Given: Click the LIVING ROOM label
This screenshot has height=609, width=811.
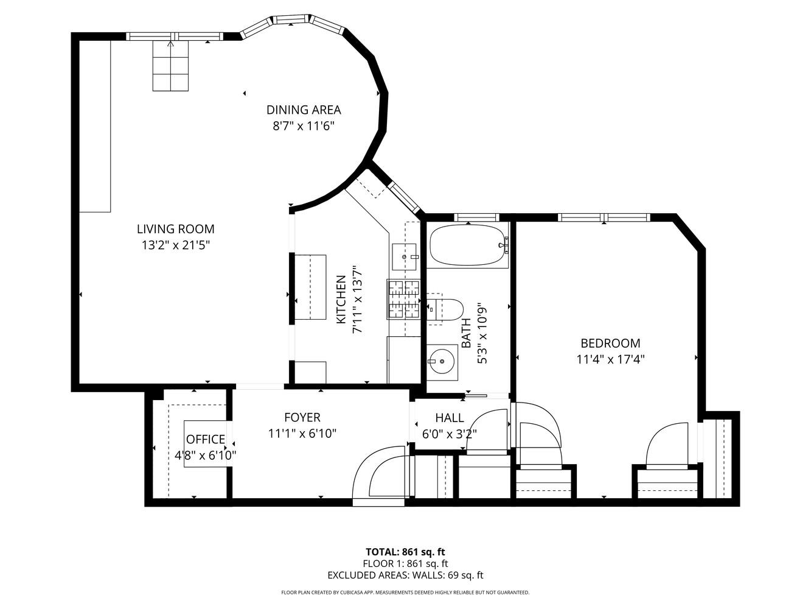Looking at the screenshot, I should coord(175,229).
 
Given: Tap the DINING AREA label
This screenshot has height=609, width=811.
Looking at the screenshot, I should coord(304,110).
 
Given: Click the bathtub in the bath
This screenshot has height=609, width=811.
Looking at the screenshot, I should coord(468,245).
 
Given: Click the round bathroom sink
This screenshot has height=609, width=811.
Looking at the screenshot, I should coord(442,361).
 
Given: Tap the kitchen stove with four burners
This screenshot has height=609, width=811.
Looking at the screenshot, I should coord(403,299).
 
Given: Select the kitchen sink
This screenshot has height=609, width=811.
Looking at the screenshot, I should coord(405,256).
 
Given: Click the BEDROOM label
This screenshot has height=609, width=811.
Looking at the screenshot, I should coord(610,343).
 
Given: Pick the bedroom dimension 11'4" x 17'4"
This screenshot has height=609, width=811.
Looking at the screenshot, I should coord(610,359).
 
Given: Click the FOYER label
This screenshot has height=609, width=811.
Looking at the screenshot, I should coord(302,418).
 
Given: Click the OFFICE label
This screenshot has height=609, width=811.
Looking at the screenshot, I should coord(206,440).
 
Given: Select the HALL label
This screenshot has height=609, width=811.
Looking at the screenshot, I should coord(450,418).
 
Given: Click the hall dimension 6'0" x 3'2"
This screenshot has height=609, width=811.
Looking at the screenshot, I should coord(450,434).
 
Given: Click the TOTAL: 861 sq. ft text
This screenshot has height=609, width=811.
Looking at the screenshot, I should coord(405,552).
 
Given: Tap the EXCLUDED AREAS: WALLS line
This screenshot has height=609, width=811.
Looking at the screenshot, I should coord(405,575).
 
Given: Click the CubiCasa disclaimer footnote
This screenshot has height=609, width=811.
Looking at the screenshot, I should coord(405,592).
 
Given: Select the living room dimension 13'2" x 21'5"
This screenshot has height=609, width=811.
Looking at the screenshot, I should coord(175,245).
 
